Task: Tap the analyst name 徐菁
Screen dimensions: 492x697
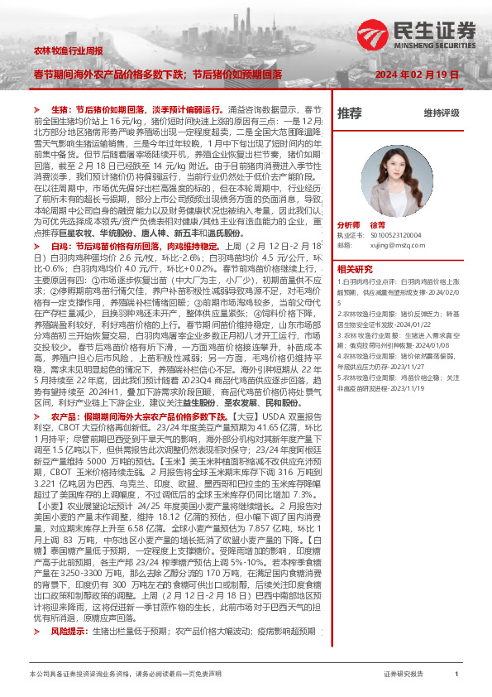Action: [x=379, y=224]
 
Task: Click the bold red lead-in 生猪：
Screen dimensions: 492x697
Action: [x=62, y=108]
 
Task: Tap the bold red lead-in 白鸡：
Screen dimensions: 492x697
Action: [x=62, y=246]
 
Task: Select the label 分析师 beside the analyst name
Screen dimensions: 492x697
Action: [x=349, y=224]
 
